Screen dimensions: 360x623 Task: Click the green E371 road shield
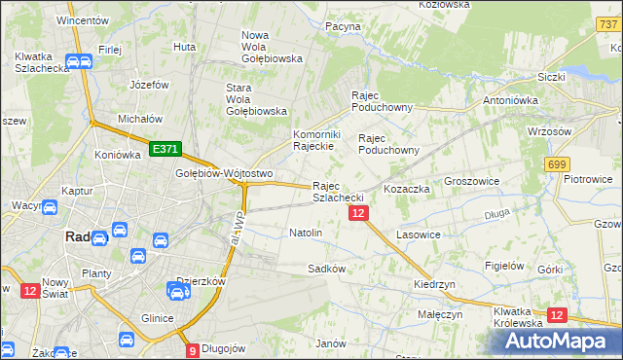165,149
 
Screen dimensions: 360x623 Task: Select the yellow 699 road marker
558,165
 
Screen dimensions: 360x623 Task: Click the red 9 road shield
192,350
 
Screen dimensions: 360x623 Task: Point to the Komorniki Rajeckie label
314,140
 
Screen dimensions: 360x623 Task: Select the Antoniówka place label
511,99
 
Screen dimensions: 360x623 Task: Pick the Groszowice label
471,181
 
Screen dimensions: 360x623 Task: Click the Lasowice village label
420,234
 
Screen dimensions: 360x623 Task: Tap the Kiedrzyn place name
434,283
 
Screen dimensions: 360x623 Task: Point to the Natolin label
306,234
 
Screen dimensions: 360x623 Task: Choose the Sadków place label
327,268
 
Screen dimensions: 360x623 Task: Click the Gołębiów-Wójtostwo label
209,173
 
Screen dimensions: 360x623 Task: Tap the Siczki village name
552,76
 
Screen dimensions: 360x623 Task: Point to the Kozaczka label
406,189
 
